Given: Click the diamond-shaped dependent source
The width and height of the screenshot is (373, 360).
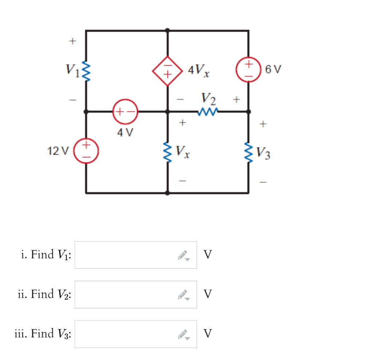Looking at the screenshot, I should pos(167,71).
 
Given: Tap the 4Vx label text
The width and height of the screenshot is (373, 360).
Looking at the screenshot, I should pos(199,70).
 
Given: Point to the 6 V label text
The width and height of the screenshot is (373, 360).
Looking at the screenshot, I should pos(273,69).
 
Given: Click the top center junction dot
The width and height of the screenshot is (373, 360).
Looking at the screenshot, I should pos(167,30).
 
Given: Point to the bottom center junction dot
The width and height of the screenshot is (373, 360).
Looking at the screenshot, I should pos(167,192).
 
